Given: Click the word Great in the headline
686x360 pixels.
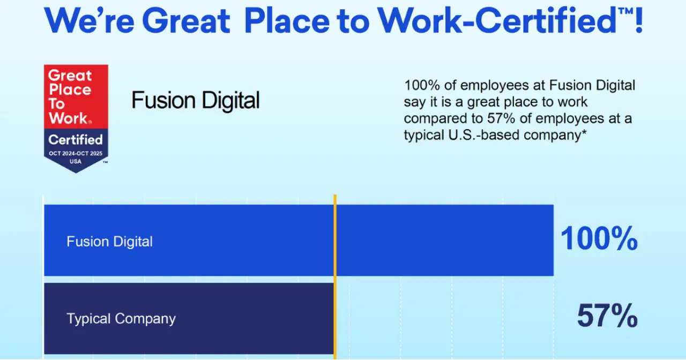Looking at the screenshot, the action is click(186, 21).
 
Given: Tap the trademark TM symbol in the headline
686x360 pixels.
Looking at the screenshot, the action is click(625, 11).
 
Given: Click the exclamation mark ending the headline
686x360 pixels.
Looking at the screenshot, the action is click(638, 20).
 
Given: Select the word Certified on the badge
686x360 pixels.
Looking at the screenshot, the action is click(76, 140).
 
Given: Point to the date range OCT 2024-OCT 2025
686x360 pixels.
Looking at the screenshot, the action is click(76, 153).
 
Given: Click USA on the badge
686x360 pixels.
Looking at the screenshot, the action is click(76, 162).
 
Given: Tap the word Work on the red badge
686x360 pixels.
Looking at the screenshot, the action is click(68, 118).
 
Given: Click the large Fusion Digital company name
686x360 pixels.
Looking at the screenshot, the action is click(196, 100).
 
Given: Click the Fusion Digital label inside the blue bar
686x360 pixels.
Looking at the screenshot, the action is click(110, 242).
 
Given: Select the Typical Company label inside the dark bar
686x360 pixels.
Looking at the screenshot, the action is click(121, 319).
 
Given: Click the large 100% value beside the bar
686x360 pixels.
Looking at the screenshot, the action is click(599, 238).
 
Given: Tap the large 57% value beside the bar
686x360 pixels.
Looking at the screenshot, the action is click(607, 316).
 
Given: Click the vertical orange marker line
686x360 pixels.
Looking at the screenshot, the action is click(335, 277).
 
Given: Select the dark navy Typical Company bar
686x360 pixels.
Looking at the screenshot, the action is click(189, 318).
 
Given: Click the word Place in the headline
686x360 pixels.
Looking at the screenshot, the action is click(287, 21).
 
